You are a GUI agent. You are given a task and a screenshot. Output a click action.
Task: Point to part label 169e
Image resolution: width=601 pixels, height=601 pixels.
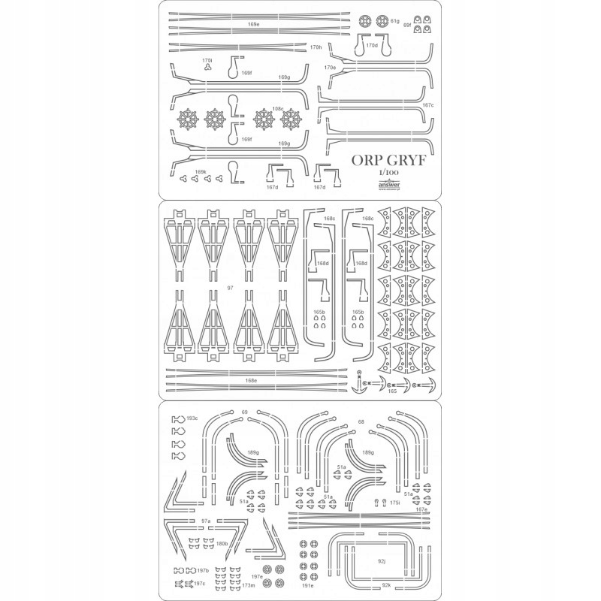[x=253, y=25]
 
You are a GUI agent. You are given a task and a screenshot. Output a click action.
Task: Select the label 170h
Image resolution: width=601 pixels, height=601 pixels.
[x=316, y=47]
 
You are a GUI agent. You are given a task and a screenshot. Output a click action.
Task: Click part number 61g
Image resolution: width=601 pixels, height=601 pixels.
[x=394, y=21]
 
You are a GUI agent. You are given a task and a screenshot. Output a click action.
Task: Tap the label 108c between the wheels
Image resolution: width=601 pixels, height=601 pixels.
[x=278, y=108]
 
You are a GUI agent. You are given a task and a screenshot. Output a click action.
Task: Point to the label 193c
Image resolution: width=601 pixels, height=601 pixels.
[x=192, y=418]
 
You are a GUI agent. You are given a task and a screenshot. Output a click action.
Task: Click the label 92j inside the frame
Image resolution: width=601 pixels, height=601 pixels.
[x=381, y=560]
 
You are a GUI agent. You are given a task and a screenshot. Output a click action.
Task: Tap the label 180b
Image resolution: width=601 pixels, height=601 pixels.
[x=222, y=543]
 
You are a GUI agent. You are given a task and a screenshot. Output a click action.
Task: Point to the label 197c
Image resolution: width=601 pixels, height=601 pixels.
[x=199, y=583]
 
